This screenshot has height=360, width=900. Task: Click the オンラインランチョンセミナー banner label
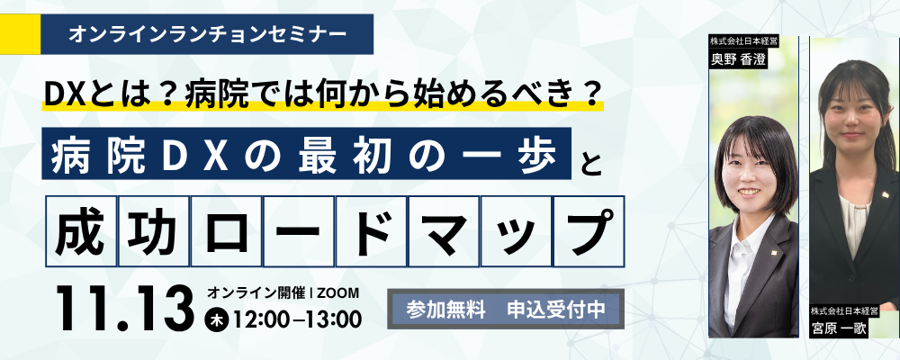point(207,34)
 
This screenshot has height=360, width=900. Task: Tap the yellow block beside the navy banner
point(20,34)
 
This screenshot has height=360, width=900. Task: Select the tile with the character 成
point(81,231)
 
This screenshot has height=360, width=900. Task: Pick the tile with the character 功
point(154,231)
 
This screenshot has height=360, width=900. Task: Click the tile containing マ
point(444,231)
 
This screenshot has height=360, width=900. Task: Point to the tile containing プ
point(589,231)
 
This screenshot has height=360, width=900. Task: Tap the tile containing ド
point(372,231)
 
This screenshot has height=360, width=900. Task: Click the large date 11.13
point(124,309)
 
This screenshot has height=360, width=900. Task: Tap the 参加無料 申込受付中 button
point(506,309)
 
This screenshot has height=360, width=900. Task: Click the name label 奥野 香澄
point(739,58)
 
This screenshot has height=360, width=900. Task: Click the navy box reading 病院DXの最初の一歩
point(307,153)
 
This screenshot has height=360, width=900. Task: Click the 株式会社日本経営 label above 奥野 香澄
point(738,41)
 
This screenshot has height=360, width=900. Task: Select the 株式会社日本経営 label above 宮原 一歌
point(844,310)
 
